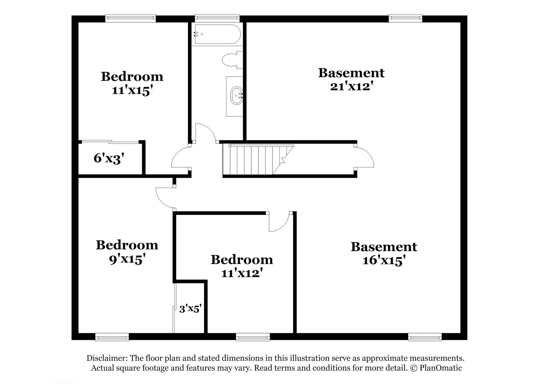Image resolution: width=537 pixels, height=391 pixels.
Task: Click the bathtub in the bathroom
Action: coord(217,34)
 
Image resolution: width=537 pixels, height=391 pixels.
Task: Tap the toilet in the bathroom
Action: coord(232,60)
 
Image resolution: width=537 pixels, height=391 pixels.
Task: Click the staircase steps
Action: coord(258,159)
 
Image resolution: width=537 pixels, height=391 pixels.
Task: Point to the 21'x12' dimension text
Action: coord(351,87)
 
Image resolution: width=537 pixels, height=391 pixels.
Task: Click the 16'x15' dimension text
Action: coord(384,261)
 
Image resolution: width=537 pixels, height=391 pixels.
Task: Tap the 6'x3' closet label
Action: coord(109,159)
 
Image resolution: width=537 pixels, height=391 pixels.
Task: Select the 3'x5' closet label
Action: coord(190,309)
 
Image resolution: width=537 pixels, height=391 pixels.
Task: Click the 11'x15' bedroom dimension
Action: coord(132,91)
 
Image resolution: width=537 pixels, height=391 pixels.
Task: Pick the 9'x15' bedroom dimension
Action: coord(127,259)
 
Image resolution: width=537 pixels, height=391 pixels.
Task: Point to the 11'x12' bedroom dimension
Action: coord(242,273)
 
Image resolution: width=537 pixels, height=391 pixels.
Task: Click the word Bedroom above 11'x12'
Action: coord(242,260)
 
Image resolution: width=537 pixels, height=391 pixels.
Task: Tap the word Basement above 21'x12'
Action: coord(351,73)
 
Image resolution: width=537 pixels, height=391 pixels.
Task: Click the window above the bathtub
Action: coord(217,18)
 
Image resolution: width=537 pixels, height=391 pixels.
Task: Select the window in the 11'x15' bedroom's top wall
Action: coord(131,18)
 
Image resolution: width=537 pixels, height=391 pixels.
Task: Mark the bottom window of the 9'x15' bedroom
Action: coord(112,337)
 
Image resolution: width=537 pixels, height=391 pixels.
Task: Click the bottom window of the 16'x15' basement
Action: coord(425,337)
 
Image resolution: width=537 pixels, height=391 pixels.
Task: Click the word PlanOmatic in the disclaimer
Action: coord(441,368)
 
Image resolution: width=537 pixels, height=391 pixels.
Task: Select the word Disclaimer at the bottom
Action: coord(107,358)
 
